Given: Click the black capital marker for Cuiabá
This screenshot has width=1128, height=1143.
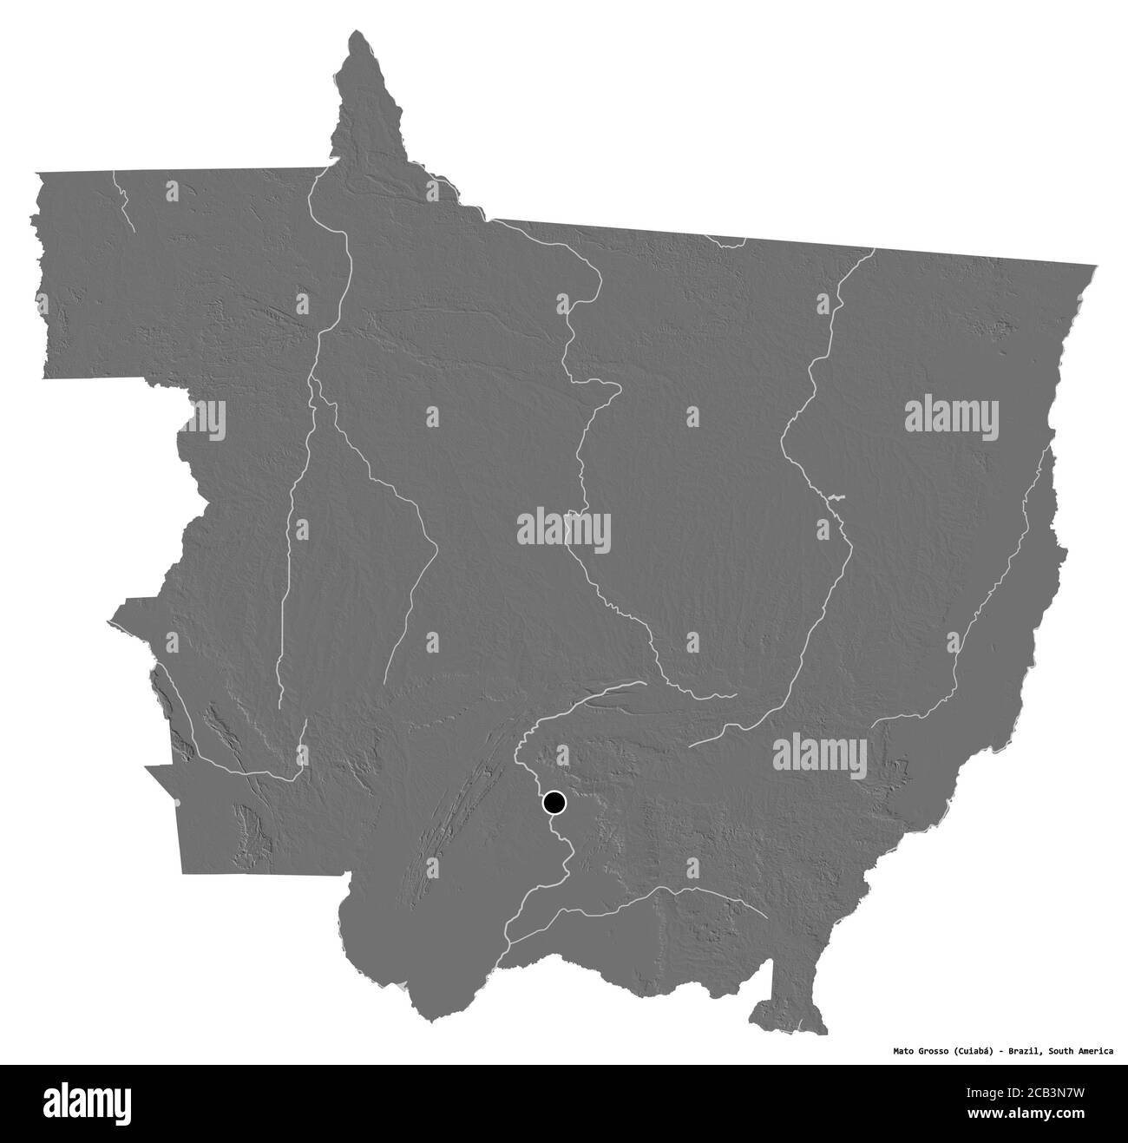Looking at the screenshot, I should (x=554, y=803).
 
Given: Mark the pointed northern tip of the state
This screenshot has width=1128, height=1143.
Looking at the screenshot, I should (x=356, y=34).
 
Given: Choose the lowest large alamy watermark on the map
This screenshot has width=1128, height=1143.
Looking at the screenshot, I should (x=819, y=752).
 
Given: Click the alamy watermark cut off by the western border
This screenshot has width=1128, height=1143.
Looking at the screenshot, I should (x=208, y=419).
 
